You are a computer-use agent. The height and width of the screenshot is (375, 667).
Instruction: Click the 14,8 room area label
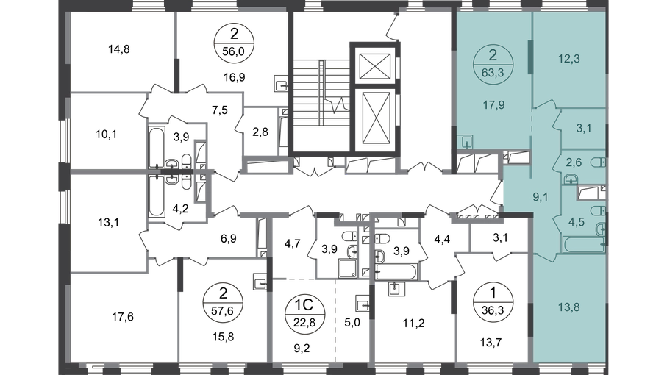coord(118,49)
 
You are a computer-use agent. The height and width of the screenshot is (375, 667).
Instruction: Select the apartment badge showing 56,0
coord(234,43)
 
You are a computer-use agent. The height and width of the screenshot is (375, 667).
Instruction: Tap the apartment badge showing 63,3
coord(493,65)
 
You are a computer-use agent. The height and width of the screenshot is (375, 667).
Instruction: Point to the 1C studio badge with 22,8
coord(304,312)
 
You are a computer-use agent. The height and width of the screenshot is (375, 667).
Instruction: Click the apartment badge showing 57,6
coord(223,302)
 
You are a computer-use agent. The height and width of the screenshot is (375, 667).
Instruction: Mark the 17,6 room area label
coord(123,317)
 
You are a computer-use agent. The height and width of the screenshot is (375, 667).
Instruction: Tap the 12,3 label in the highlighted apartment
coord(568,59)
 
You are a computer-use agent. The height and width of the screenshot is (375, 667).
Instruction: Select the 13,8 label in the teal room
coord(568,307)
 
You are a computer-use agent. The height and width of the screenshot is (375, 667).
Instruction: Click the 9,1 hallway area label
coord(541,197)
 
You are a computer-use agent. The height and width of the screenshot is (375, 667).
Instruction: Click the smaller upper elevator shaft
coord(375,66)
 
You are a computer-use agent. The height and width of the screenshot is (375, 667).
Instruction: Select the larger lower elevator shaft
coord(375,119)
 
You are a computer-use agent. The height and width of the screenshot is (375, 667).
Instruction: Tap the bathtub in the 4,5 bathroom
coord(584,244)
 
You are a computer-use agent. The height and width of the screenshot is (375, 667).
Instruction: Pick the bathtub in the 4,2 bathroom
coord(156,196)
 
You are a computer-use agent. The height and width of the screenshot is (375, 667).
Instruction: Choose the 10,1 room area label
coord(107,135)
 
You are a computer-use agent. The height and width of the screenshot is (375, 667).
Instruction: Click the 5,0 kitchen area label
coord(352,323)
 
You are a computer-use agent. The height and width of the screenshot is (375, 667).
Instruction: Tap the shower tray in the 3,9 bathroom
coord(348,268)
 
